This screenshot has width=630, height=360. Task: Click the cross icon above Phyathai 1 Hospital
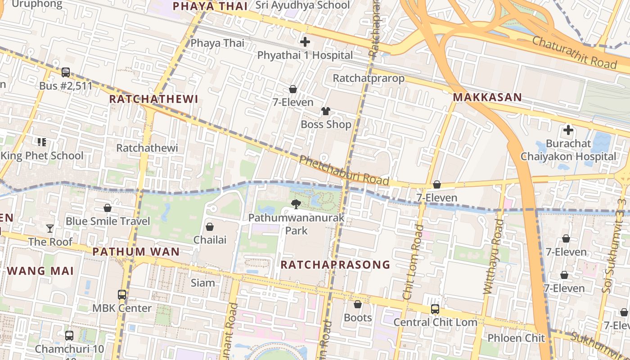(305, 42)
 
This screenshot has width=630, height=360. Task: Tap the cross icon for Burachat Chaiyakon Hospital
(568, 130)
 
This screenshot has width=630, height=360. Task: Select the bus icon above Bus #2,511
(66, 72)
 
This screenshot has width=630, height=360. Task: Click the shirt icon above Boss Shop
(325, 111)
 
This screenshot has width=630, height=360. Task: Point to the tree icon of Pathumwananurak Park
(296, 205)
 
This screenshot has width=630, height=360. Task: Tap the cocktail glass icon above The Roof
(50, 229)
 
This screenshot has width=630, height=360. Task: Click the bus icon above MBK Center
(122, 295)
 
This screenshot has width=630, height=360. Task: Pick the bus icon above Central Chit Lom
(435, 309)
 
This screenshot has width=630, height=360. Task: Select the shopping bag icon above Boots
(358, 305)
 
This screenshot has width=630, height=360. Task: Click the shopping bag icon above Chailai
(209, 226)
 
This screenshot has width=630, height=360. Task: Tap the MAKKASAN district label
(487, 97)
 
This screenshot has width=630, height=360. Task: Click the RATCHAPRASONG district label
(335, 265)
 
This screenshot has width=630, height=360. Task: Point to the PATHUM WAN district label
(136, 252)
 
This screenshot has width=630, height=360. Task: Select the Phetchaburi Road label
(344, 171)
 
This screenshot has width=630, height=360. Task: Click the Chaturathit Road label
(574, 53)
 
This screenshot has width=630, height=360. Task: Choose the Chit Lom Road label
(414, 262)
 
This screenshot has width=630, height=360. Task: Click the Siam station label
(203, 283)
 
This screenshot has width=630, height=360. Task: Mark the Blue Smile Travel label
(108, 221)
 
